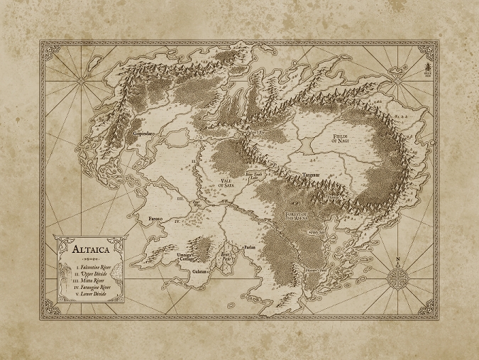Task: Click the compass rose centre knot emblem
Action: click(x=397, y=276)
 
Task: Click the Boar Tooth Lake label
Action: click(x=254, y=172)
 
